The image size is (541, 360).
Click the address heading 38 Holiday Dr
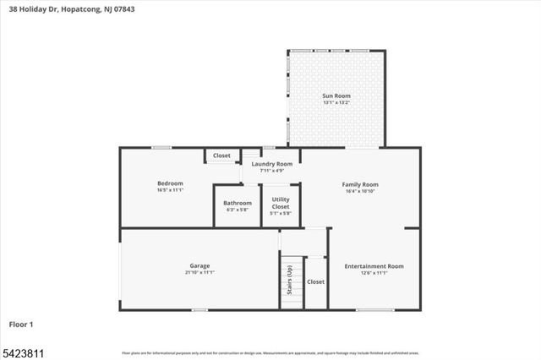pos(71,9)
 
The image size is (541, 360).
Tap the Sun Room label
pos(336,96)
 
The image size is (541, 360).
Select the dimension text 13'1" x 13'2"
pos(336,103)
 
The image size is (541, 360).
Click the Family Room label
pos(359,184)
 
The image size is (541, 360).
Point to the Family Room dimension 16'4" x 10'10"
pos(359,191)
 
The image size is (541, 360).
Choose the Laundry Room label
pos(271,163)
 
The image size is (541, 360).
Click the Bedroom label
pos(170,183)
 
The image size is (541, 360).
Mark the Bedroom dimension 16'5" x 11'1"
pos(170,190)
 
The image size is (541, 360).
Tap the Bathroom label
pos(238,203)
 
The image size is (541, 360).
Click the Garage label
pos(199,265)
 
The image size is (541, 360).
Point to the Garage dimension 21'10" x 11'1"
pos(199,272)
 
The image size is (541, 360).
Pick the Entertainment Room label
pos(374,266)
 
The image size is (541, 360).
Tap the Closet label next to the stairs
pos(315,281)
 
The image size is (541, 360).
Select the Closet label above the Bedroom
pos(221,155)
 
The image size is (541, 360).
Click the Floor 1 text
pos(21,324)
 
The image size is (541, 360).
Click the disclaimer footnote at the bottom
pos(270,352)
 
